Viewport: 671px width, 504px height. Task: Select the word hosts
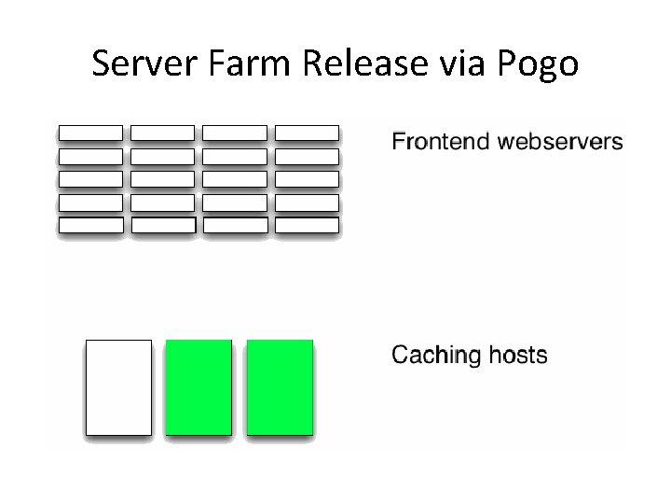tap(516, 356)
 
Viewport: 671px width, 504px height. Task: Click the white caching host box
tap(118, 386)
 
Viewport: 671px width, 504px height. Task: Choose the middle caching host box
tap(199, 386)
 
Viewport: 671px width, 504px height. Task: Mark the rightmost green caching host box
tap(280, 386)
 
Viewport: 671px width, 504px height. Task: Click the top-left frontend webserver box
tap(90, 133)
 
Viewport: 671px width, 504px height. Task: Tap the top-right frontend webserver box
tap(308, 133)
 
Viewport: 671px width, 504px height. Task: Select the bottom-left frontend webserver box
tap(90, 225)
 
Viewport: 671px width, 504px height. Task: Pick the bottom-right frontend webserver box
tap(308, 225)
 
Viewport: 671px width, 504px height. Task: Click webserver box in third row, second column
tap(163, 179)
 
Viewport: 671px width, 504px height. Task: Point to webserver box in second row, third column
tap(235, 156)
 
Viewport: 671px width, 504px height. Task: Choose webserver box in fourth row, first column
tap(90, 202)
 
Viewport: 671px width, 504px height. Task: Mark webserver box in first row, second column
tap(163, 133)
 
